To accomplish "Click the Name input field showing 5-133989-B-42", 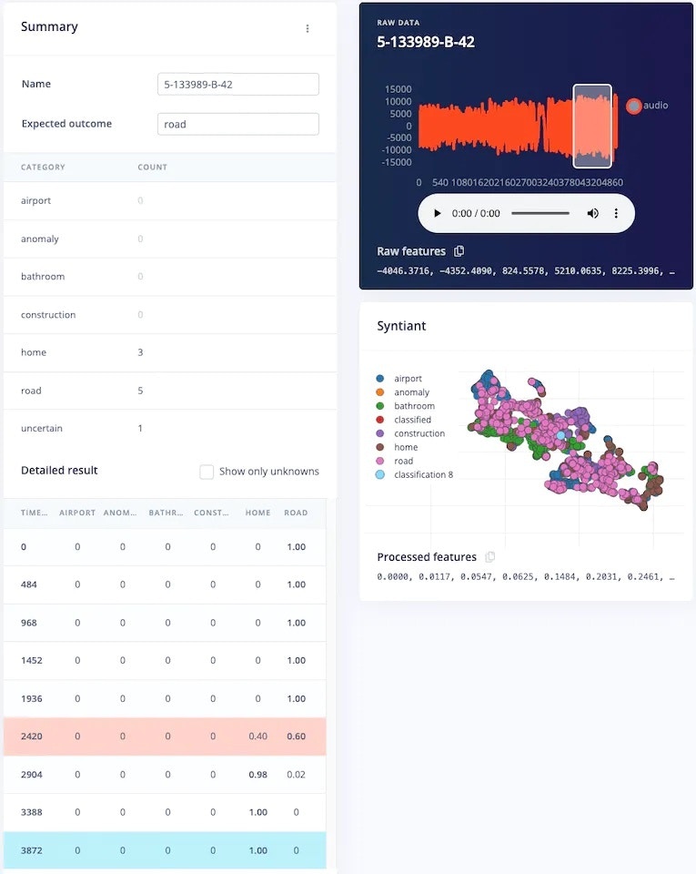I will click(x=237, y=84).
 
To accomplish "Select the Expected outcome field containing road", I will click(x=237, y=124).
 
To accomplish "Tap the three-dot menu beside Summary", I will click(x=308, y=28).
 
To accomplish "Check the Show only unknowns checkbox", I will click(x=207, y=472).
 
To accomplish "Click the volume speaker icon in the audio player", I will click(x=592, y=213).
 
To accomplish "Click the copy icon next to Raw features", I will click(x=459, y=251).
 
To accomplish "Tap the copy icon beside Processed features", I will click(x=490, y=557).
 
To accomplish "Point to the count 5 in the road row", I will click(x=140, y=391).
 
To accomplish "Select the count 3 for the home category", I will click(x=140, y=352).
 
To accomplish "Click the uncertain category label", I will click(x=42, y=428).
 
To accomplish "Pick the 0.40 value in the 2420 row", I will click(x=258, y=737).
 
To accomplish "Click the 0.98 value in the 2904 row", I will click(x=258, y=775).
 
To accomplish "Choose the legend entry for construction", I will click(x=419, y=433).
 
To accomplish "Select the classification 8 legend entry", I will click(x=423, y=475).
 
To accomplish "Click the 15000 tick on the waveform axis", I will click(x=398, y=89).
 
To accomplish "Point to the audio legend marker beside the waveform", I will click(x=634, y=106).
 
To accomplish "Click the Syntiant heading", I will click(x=401, y=326).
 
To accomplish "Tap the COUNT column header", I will click(x=152, y=168).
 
